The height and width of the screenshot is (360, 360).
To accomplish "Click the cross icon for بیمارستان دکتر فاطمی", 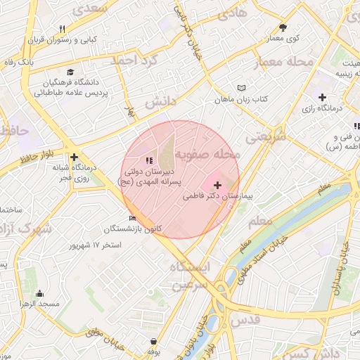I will (x=217, y=184).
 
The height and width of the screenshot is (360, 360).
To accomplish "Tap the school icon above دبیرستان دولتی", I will (x=148, y=161).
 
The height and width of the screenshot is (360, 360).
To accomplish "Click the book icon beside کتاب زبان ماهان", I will (x=243, y=88).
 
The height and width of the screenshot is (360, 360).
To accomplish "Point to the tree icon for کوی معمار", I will (x=283, y=27).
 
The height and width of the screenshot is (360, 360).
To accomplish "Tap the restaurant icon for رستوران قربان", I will (x=62, y=29).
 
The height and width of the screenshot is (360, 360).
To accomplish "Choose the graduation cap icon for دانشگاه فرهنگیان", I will (x=70, y=72).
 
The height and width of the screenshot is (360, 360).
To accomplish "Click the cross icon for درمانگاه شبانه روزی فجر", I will (x=74, y=157).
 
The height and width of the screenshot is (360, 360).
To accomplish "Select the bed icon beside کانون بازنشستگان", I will (x=132, y=218).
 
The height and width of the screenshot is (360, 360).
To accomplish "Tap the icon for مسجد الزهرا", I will (x=39, y=293).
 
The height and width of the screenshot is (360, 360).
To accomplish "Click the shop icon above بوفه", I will (x=153, y=341).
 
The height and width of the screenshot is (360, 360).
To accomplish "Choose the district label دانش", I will (x=160, y=103).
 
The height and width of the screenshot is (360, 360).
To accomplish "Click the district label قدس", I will (x=245, y=319).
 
